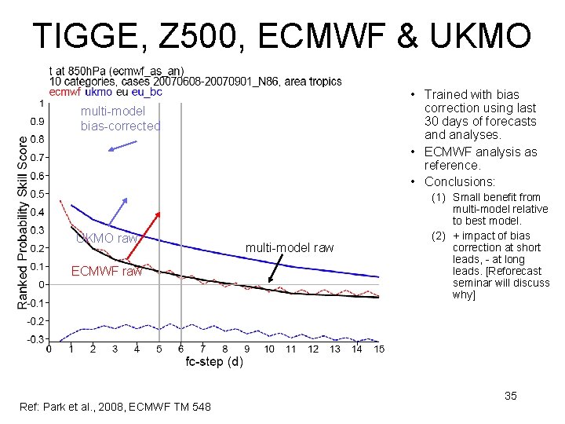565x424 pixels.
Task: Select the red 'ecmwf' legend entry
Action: (x=64, y=92)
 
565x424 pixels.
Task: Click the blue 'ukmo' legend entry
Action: (x=98, y=92)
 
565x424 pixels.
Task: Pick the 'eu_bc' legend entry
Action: (x=147, y=92)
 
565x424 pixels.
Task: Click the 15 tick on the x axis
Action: (x=378, y=349)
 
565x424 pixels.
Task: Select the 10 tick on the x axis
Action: (x=269, y=349)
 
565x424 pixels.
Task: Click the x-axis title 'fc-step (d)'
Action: (x=214, y=362)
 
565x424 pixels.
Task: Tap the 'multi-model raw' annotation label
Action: (x=290, y=248)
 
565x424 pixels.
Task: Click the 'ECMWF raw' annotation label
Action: (x=107, y=272)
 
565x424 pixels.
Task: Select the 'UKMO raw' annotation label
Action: (x=108, y=238)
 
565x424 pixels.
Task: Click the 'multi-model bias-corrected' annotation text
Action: (x=120, y=119)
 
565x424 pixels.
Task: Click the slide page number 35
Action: (x=510, y=397)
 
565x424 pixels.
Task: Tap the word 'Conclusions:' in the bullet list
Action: (x=460, y=182)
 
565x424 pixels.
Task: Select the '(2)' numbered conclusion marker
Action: (x=438, y=236)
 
